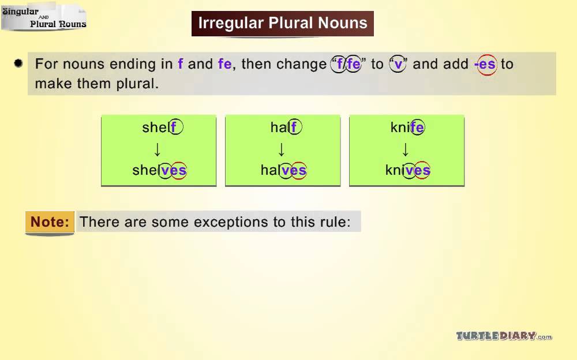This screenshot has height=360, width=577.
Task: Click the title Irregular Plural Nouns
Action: coord(283,23)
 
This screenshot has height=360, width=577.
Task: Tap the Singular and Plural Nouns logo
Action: coord(44,17)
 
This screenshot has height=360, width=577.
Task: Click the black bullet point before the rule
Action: coord(18,63)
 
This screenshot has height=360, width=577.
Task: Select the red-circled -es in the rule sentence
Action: coord(486,65)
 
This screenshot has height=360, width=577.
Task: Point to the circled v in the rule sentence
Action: coord(398,65)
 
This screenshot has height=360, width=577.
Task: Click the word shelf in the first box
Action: coord(162,127)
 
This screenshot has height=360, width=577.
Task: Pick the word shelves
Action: coord(160,170)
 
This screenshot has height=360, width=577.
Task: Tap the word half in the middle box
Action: coord(286,127)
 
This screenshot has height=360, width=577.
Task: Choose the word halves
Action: coord(284,170)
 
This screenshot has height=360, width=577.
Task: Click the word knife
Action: coord(407,127)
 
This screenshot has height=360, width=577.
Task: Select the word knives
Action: coord(408,170)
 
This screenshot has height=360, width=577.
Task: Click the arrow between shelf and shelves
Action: coord(158,149)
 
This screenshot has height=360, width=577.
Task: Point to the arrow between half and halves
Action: coord(282,149)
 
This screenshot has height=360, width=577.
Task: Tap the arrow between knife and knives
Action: coord(406,149)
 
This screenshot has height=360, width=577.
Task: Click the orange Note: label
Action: coord(50,222)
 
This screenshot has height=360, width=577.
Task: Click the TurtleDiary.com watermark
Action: coord(504,336)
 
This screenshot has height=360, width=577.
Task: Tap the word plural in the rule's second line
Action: coord(137,84)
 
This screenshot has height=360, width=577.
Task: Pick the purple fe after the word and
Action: coord(225,63)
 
